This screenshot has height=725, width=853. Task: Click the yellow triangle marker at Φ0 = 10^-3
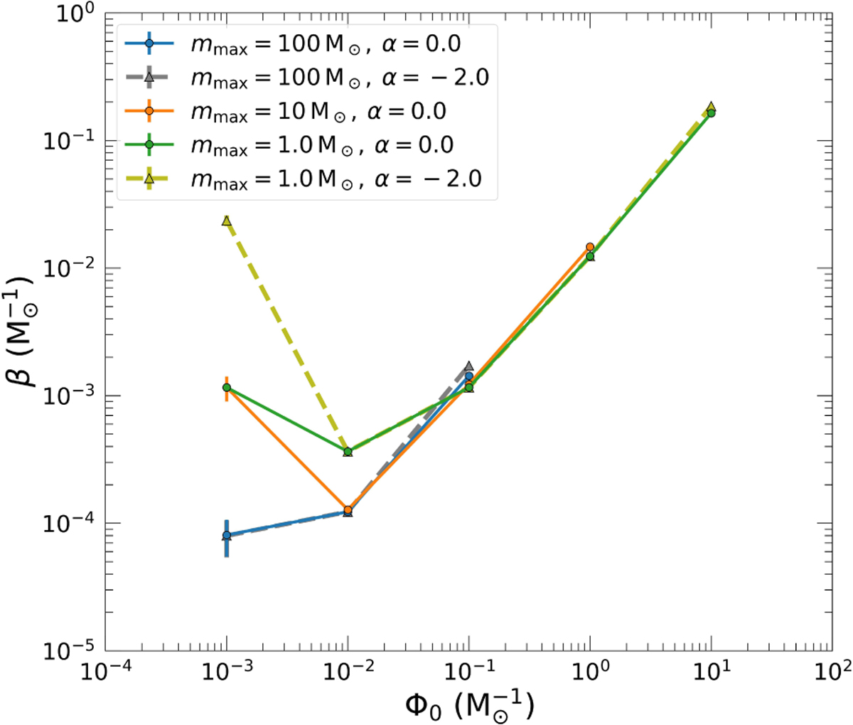coord(227,221)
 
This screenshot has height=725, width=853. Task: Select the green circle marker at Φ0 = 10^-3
coord(227,388)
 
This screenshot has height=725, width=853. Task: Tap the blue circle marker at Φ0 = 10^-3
coord(227,535)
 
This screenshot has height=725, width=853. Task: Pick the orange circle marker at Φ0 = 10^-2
coord(348,510)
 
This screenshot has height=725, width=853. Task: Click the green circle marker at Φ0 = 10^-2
coord(348,452)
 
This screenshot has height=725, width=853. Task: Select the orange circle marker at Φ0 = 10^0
coord(590,247)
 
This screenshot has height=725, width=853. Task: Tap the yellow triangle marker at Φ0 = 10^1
coord(711,107)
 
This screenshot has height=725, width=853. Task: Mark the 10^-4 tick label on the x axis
coord(105,673)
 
